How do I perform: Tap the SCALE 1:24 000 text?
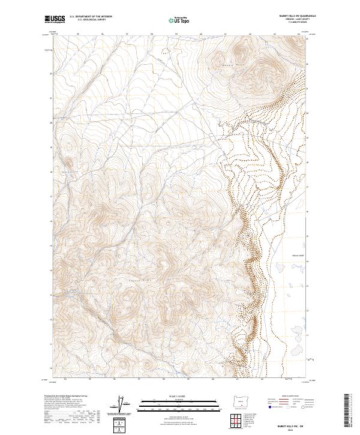coord(179,397)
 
